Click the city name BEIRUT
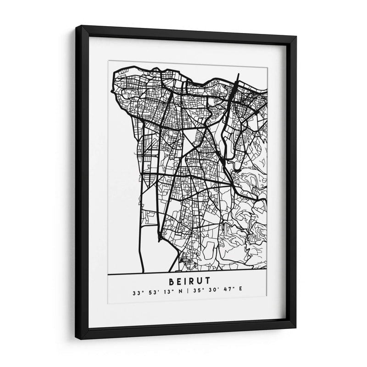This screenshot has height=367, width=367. click(187, 280)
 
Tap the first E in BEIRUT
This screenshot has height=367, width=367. click(178, 280)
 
